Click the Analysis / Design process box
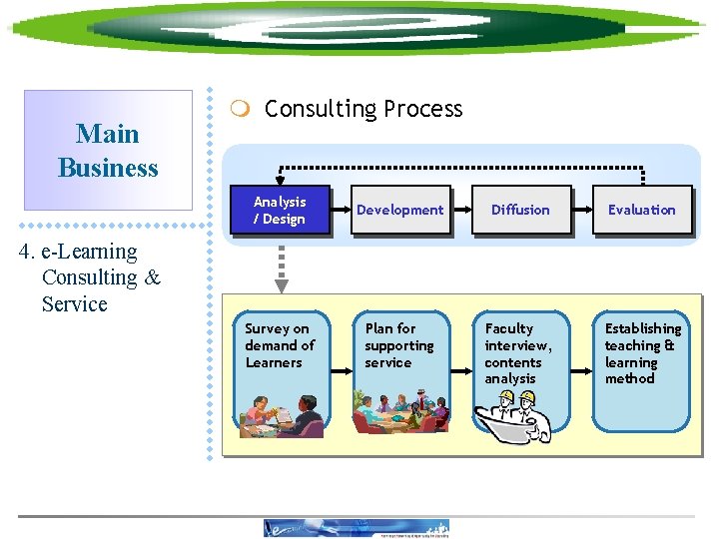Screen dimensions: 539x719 280,210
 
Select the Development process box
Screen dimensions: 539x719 399,210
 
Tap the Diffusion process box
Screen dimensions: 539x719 520,210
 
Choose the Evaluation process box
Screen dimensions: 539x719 641,210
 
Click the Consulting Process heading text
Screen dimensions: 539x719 363,109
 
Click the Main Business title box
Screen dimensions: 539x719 108,150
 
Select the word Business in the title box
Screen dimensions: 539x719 108,168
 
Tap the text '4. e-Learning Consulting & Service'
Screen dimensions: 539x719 90,277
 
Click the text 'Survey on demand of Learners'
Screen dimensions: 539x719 279,345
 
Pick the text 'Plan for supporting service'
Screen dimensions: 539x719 398,345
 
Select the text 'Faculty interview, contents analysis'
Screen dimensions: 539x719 518,353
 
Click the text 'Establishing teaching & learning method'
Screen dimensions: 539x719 642,353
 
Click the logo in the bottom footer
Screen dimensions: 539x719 357,528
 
